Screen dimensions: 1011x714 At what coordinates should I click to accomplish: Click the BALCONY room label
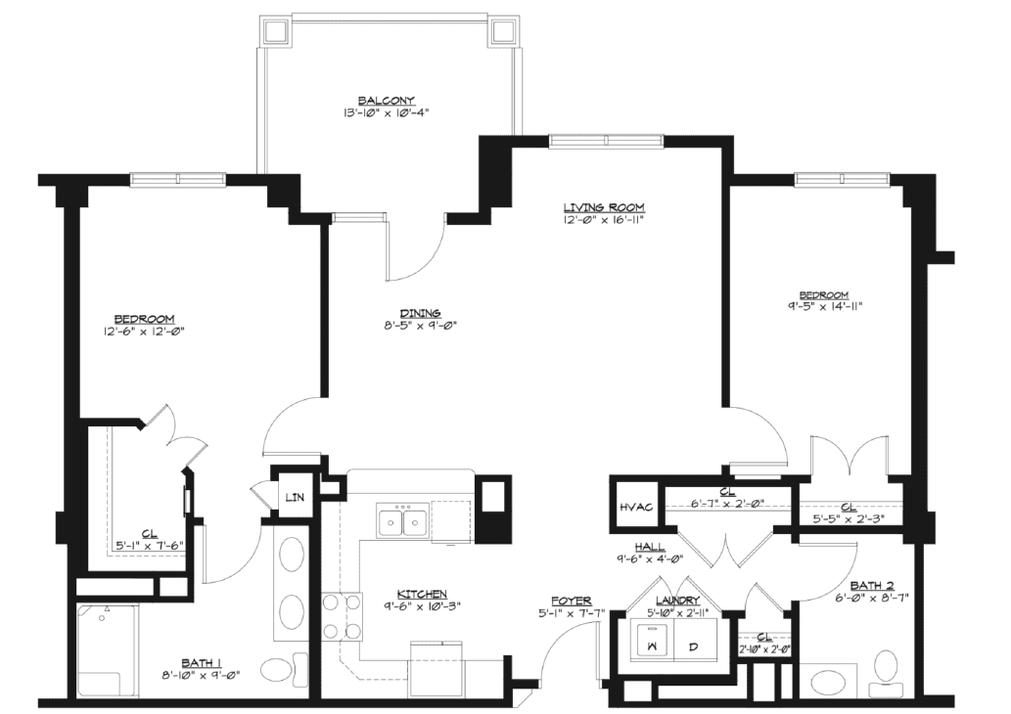pyautogui.click(x=387, y=101)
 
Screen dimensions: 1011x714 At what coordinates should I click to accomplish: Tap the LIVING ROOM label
pyautogui.click(x=604, y=207)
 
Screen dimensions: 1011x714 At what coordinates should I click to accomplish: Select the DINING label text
pyautogui.click(x=420, y=313)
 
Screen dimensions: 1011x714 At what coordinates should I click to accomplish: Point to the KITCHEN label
pyautogui.click(x=422, y=594)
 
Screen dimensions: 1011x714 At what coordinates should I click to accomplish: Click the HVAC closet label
pyautogui.click(x=636, y=507)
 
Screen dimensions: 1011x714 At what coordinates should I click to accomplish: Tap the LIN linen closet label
pyautogui.click(x=295, y=498)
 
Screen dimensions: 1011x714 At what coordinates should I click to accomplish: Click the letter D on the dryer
pyautogui.click(x=694, y=647)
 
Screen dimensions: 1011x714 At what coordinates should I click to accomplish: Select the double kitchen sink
pyautogui.click(x=401, y=522)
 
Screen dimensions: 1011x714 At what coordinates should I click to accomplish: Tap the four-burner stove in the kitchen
pyautogui.click(x=342, y=616)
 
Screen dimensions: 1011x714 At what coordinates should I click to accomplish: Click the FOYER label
pyautogui.click(x=572, y=601)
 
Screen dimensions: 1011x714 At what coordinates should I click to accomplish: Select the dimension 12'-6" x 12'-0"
pyautogui.click(x=145, y=332)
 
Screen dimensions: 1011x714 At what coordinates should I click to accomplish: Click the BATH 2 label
pyautogui.click(x=872, y=585)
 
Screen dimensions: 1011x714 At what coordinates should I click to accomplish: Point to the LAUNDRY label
pyautogui.click(x=677, y=601)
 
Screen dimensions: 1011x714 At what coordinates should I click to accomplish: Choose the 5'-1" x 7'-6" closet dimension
pyautogui.click(x=150, y=545)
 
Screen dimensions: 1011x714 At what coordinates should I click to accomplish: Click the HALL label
pyautogui.click(x=649, y=547)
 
